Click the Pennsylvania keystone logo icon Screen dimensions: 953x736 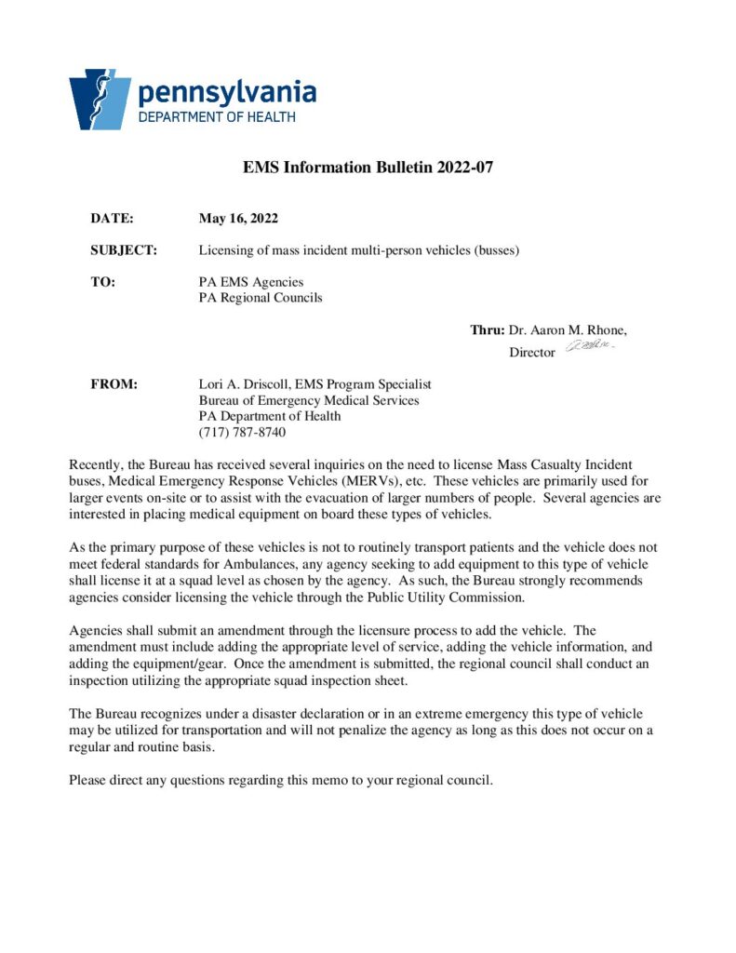[99, 98]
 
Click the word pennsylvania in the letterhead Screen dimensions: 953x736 [227, 92]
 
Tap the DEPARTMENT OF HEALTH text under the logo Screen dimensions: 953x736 [216, 117]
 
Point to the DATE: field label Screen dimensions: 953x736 [112, 219]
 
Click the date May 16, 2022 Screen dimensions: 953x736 [238, 219]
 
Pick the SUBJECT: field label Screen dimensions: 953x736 [124, 250]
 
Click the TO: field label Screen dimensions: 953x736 [102, 282]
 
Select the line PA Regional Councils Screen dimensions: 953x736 [261, 298]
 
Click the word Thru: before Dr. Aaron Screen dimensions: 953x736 [487, 330]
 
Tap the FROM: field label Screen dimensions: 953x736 [114, 384]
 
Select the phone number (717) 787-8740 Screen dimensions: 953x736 [242, 432]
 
